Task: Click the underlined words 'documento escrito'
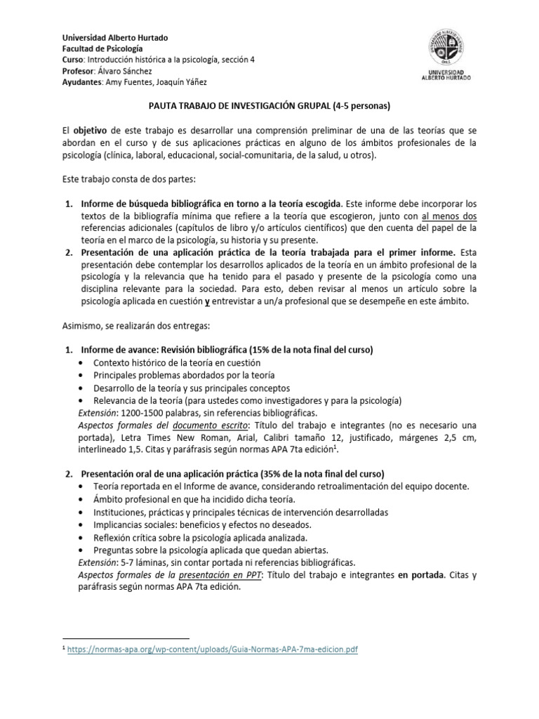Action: [x=213, y=426]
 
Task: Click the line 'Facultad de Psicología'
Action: [x=102, y=48]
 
